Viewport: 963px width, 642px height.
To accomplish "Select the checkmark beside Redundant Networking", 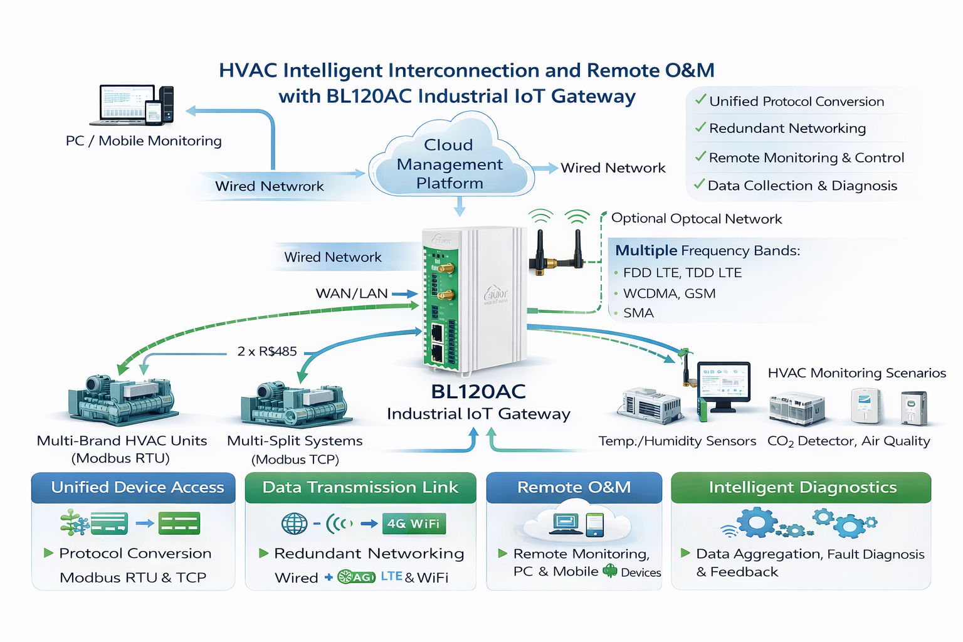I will (700, 127).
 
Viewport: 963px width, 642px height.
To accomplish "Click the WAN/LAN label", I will (352, 293).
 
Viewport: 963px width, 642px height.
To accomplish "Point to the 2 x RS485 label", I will (267, 351).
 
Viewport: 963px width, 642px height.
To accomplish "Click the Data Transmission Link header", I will (360, 488).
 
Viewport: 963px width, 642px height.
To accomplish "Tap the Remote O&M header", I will (574, 488).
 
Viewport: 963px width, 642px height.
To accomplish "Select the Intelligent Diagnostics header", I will (801, 488).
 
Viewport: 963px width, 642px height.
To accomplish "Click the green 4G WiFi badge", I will (413, 524).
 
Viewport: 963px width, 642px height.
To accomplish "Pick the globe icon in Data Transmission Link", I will (294, 524).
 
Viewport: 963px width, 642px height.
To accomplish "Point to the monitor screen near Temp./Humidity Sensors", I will (724, 383).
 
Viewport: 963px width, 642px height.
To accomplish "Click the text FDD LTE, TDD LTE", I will (682, 273).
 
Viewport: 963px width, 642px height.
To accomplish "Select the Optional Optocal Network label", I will (697, 219).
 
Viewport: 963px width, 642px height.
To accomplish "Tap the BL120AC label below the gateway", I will (478, 391).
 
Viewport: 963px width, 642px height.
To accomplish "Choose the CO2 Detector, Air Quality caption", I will (848, 441).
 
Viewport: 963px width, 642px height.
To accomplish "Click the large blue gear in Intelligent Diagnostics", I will (757, 521).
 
